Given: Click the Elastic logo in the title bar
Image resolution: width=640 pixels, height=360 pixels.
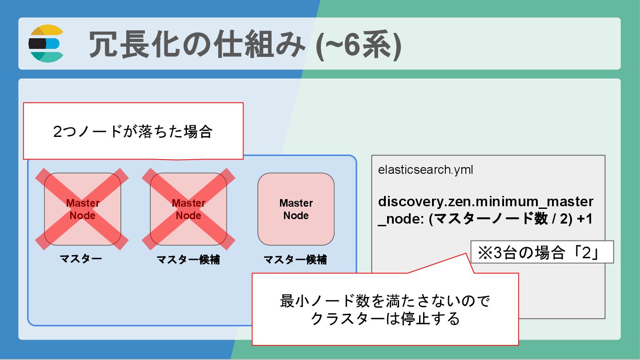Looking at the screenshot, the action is (x=46, y=44).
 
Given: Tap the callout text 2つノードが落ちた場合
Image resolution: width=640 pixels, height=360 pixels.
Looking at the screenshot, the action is (x=132, y=132).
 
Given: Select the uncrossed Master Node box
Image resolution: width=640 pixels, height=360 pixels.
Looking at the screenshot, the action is (x=296, y=209).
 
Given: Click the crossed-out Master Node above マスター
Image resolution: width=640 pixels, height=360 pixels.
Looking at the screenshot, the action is (x=83, y=209).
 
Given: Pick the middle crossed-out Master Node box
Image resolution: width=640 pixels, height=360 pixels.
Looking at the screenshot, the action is (x=188, y=209).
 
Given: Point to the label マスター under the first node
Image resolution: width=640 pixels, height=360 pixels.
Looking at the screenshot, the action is (x=81, y=259).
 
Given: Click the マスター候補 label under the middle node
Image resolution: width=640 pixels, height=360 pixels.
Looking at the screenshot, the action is (x=188, y=260).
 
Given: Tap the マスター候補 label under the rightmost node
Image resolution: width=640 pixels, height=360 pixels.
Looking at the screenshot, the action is (x=295, y=260).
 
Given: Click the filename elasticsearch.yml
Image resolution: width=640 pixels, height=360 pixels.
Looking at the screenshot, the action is (x=425, y=170).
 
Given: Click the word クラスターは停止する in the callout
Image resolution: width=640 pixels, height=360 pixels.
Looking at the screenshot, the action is (x=385, y=319).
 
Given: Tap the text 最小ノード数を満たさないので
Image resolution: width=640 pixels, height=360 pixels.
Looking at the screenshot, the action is (x=385, y=302).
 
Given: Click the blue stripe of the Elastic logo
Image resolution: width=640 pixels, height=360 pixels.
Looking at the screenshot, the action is (x=52, y=44).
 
